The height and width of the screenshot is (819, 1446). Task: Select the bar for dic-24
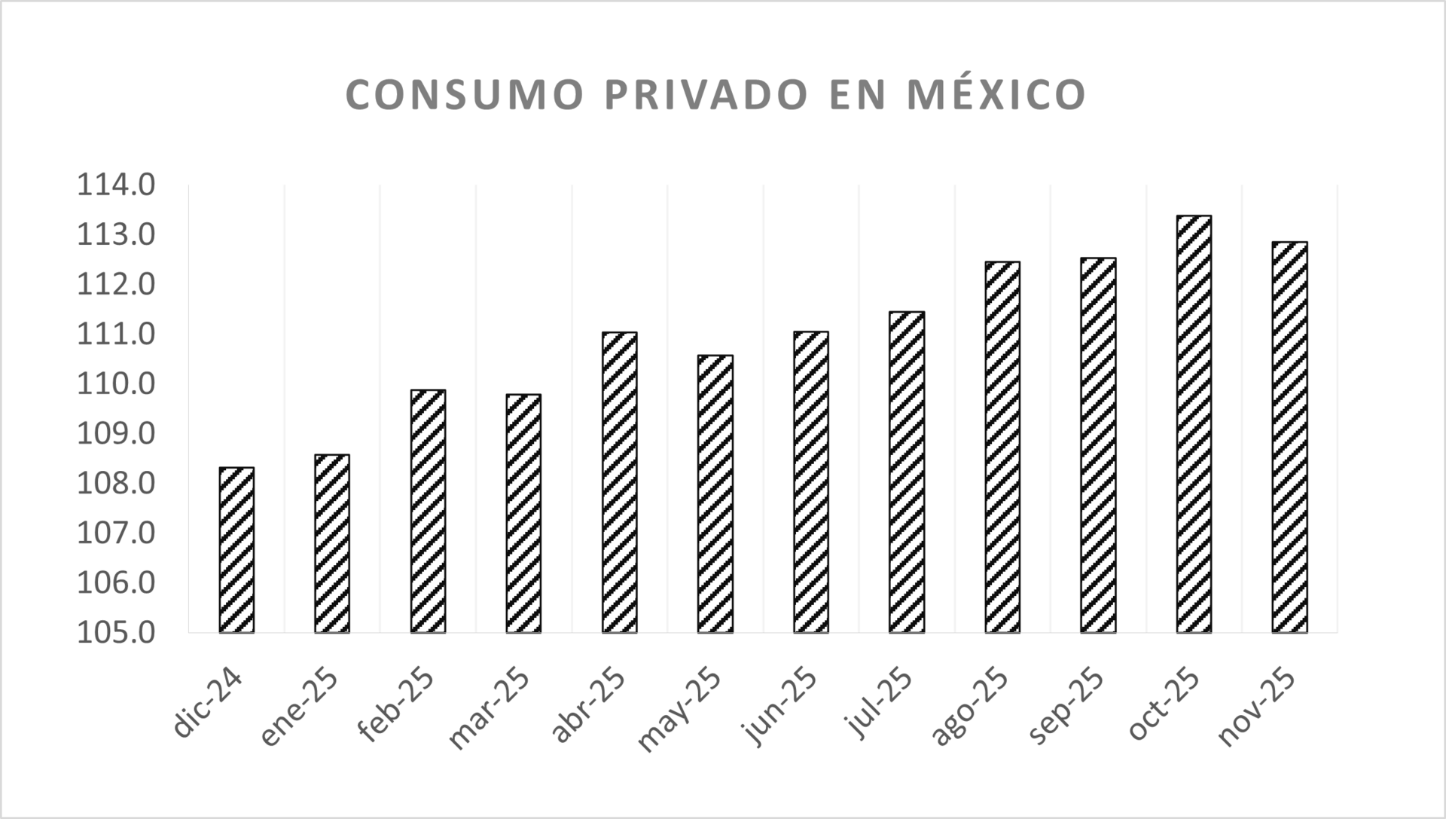pyautogui.click(x=236, y=550)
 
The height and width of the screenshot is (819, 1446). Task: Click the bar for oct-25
pyautogui.click(x=1194, y=424)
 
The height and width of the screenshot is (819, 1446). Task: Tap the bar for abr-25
pyautogui.click(x=619, y=482)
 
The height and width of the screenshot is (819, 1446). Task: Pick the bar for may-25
pyautogui.click(x=715, y=494)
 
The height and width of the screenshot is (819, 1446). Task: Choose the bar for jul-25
pyautogui.click(x=907, y=472)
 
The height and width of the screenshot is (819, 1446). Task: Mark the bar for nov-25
pyautogui.click(x=1289, y=437)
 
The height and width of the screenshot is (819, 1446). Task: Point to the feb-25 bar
pyautogui.click(x=428, y=511)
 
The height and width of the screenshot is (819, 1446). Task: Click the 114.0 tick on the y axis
pyautogui.click(x=116, y=185)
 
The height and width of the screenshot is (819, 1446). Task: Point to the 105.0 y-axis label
pyautogui.click(x=116, y=632)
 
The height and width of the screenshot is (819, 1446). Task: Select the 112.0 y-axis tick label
pyautogui.click(x=116, y=285)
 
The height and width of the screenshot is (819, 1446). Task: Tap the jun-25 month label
pyautogui.click(x=779, y=707)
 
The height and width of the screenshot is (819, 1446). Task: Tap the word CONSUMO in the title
pyautogui.click(x=465, y=95)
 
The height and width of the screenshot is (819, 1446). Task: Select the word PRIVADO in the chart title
pyautogui.click(x=706, y=95)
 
